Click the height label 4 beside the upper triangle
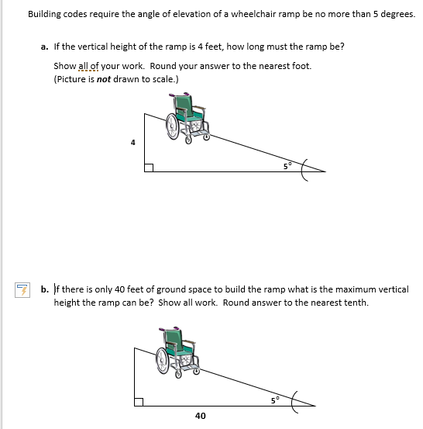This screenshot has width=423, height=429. pos(132,142)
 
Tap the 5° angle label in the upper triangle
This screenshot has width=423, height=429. pos(287,164)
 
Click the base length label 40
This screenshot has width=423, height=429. pos(201,417)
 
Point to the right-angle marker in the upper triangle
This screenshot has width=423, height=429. pos(148,167)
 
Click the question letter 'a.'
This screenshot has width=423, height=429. pos(45,47)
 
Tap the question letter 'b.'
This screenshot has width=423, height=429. pos(45,289)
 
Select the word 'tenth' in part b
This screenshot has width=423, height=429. pos(356,302)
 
